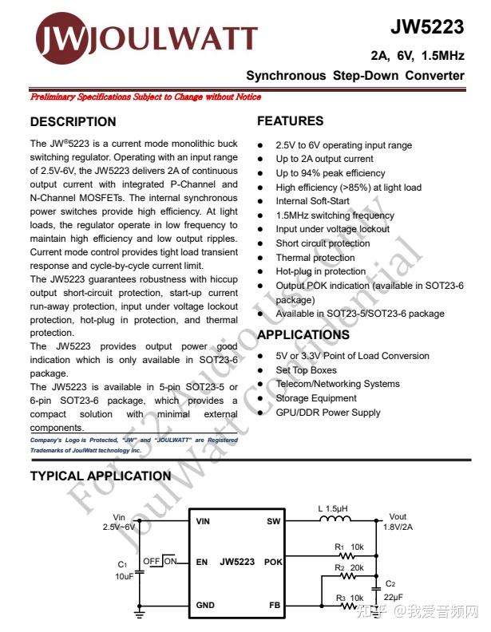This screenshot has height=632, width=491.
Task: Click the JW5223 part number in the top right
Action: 426,27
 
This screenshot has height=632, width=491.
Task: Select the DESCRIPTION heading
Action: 73,122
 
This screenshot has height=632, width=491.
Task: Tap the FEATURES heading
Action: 290,121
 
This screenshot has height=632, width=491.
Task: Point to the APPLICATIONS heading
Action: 303,335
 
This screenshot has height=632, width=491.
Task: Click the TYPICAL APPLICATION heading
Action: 100,476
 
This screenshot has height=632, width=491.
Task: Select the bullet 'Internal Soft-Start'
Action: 312,201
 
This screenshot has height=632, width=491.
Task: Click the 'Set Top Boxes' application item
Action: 306,370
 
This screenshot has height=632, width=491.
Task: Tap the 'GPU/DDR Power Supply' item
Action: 327,413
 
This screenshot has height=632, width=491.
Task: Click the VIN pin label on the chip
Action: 204,521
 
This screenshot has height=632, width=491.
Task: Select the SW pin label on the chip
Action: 273,521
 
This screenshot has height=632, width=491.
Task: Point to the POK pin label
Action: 272,562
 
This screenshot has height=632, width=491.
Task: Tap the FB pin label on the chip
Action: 275,606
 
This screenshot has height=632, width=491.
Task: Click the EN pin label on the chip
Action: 202,562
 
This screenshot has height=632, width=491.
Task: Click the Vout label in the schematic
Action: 397,517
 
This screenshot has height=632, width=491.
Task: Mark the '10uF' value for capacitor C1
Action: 125,575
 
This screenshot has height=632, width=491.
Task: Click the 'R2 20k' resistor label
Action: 349,567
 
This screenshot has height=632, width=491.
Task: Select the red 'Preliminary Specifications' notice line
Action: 145,97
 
